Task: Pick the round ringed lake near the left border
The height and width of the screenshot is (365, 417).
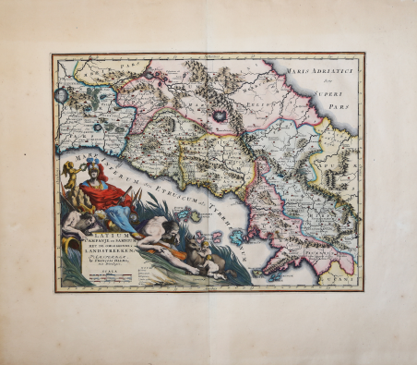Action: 62,95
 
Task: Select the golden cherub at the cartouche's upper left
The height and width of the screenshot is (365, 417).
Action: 69,172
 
